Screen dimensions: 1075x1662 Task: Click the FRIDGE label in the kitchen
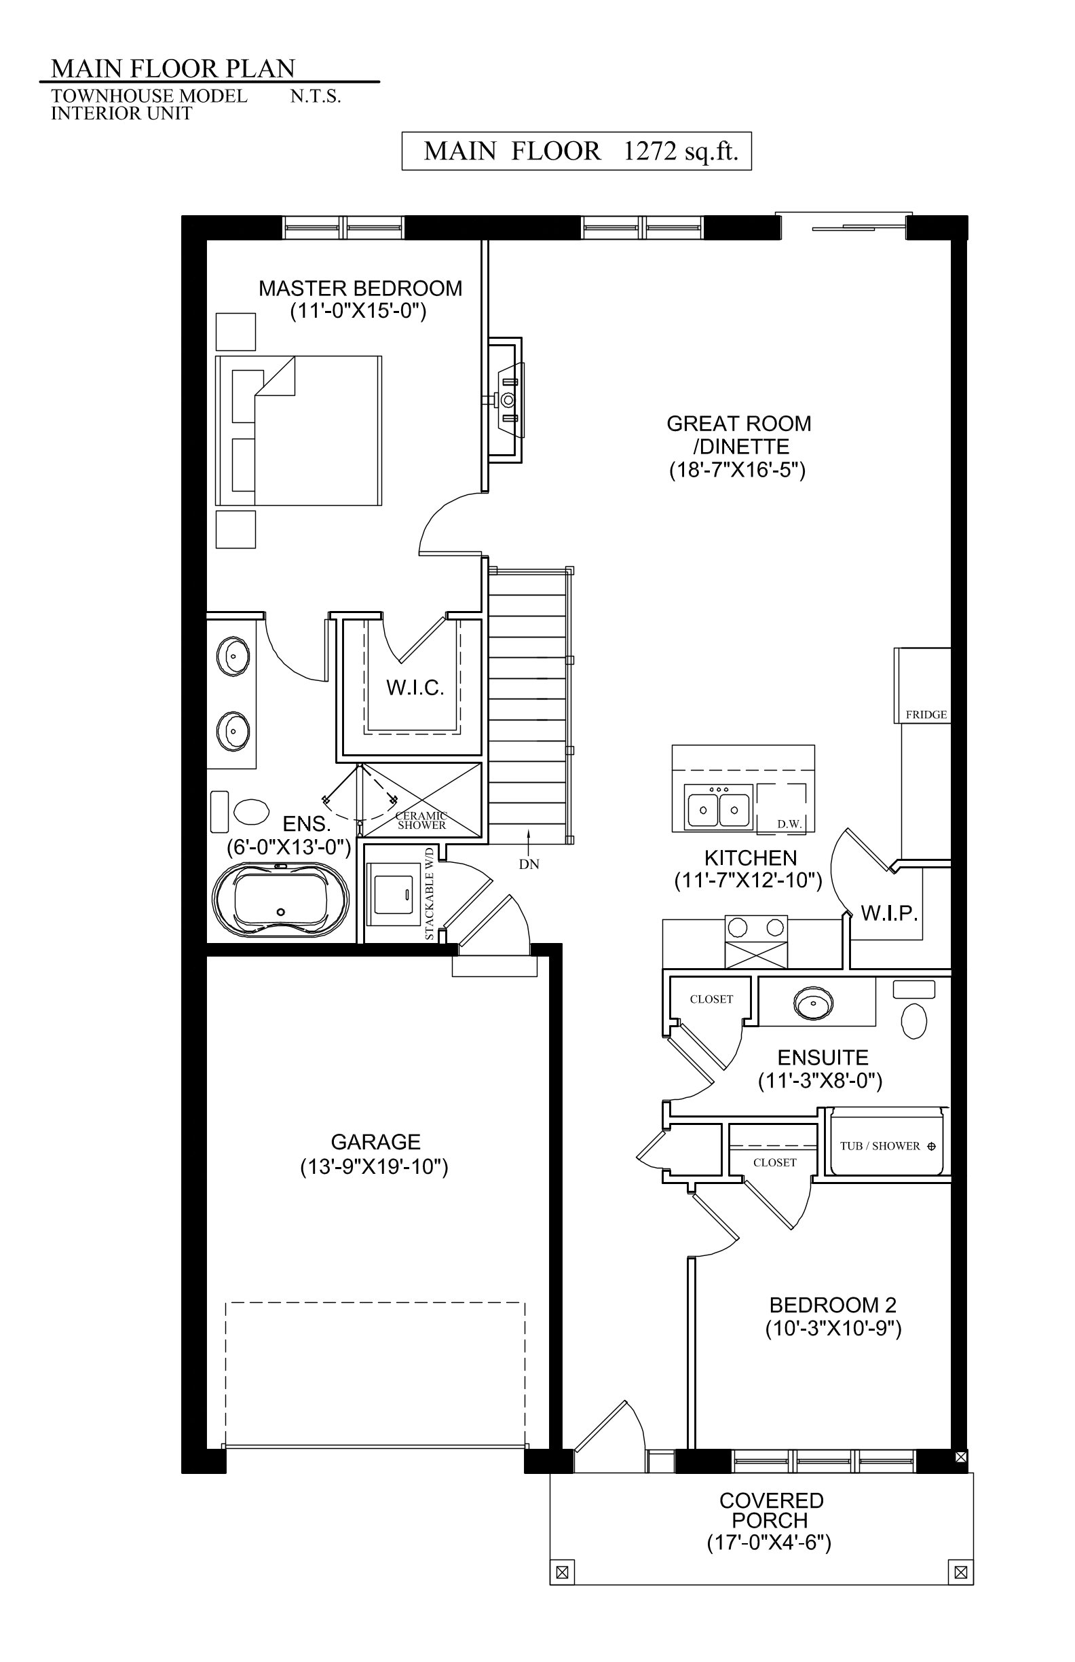(x=926, y=714)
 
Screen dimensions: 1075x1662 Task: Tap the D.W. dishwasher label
(x=789, y=824)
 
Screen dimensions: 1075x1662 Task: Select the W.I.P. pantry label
(x=888, y=912)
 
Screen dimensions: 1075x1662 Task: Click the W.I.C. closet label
(x=415, y=688)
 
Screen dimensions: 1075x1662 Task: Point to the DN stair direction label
(x=529, y=864)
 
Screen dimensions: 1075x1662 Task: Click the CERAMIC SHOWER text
(x=421, y=821)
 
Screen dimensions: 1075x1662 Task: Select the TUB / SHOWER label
(x=880, y=1146)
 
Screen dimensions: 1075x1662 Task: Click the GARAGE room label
(x=375, y=1142)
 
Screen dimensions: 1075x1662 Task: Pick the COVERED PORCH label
(x=771, y=1510)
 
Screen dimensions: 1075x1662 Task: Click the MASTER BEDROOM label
(x=360, y=288)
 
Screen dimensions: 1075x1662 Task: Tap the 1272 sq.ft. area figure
(x=681, y=151)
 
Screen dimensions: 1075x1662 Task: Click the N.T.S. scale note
(x=316, y=96)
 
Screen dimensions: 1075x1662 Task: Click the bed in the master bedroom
(x=299, y=431)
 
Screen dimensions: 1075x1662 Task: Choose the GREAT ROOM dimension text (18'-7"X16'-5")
(x=737, y=470)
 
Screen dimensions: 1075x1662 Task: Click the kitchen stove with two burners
(x=757, y=942)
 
